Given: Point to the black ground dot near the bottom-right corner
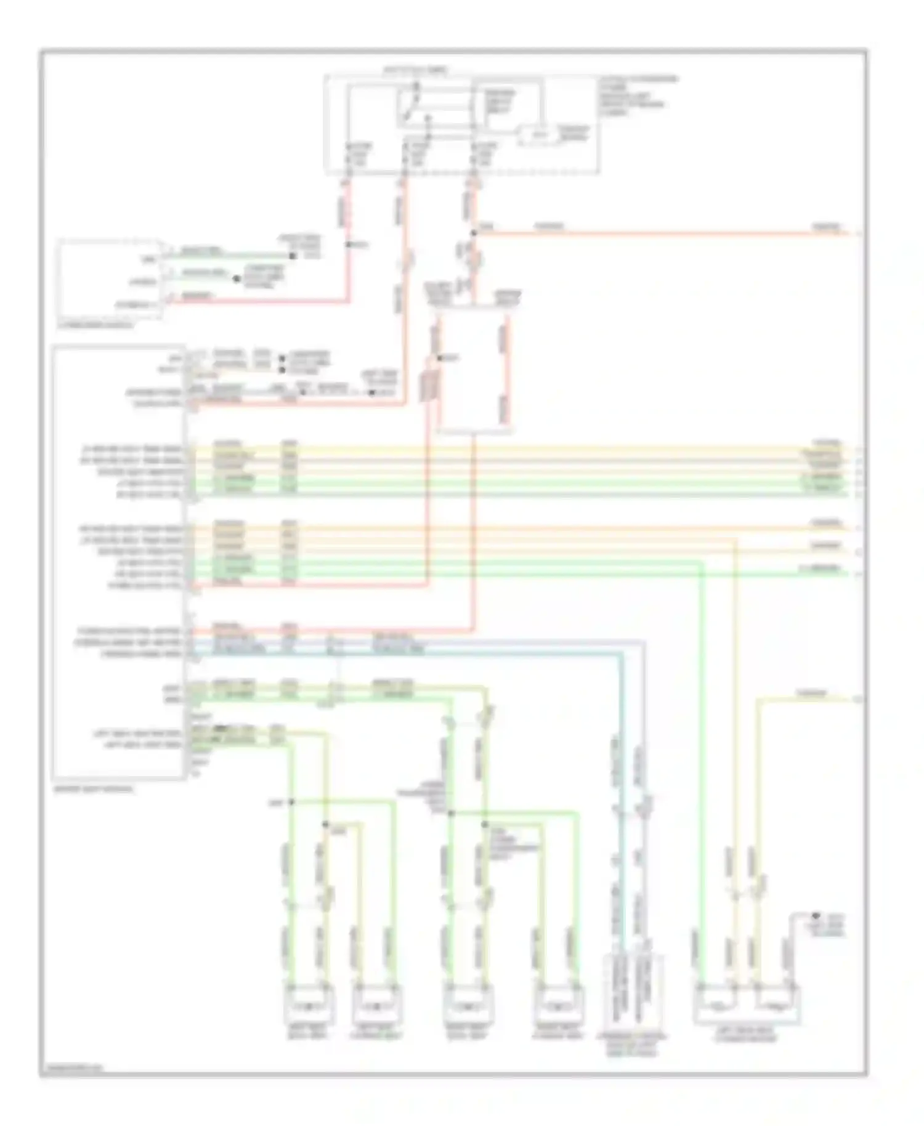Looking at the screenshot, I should click(x=815, y=916).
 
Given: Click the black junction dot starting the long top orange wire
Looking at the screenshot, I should click(x=473, y=233).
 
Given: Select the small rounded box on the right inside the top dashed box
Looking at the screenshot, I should click(x=539, y=134).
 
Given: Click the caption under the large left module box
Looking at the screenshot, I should click(x=92, y=789).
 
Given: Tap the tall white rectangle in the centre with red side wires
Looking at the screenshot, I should click(x=474, y=370).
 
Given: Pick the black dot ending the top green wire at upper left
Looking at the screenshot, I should click(x=293, y=254).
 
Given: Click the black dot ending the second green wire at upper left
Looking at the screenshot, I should click(x=236, y=279).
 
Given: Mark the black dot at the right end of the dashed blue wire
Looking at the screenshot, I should click(x=373, y=392).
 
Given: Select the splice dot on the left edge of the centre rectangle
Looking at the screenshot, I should click(x=439, y=358).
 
